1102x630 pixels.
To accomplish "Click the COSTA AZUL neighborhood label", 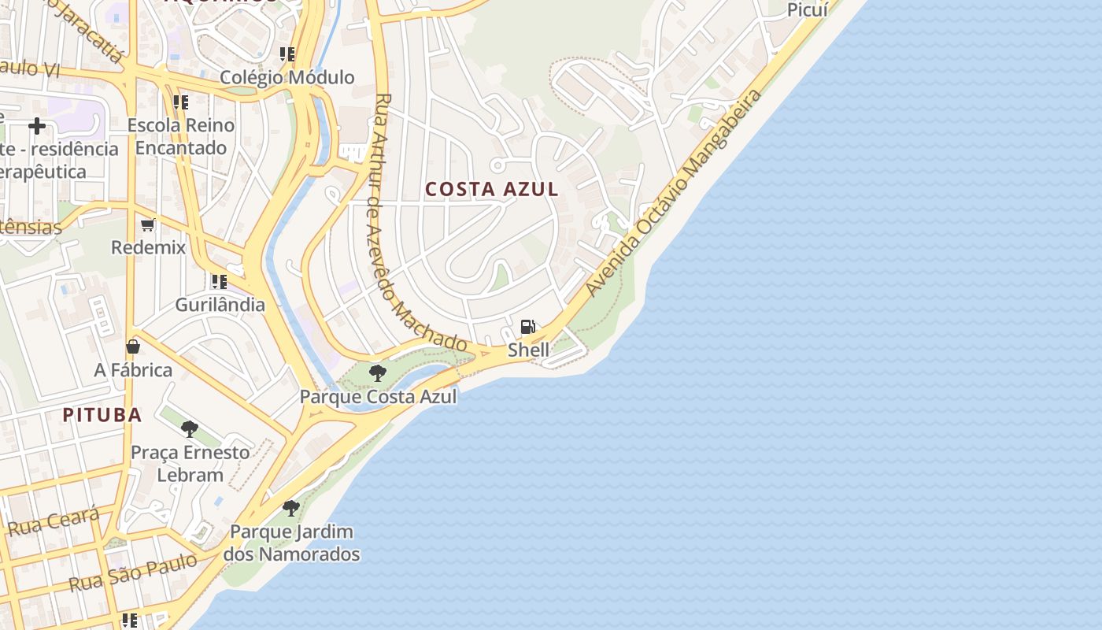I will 492,189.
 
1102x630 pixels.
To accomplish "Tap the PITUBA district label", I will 102,415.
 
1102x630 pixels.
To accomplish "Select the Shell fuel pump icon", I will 528,327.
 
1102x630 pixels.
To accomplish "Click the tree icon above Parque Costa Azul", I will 378,372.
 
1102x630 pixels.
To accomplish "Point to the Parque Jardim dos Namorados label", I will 291,543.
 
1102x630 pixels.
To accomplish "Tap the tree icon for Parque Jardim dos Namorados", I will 291,508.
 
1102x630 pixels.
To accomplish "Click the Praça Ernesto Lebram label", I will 190,463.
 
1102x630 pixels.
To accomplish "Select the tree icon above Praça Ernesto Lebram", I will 190,429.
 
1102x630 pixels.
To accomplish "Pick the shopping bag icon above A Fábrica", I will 133,346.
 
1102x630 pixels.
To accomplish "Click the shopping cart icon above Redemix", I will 148,225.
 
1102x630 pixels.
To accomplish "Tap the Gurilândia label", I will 220,304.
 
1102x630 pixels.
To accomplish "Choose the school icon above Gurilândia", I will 219,281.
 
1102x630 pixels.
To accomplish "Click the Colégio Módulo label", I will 287,77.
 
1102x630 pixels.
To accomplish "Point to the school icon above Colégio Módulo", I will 287,54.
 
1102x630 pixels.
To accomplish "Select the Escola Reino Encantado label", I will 181,136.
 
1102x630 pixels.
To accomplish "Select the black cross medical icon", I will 36,126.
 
